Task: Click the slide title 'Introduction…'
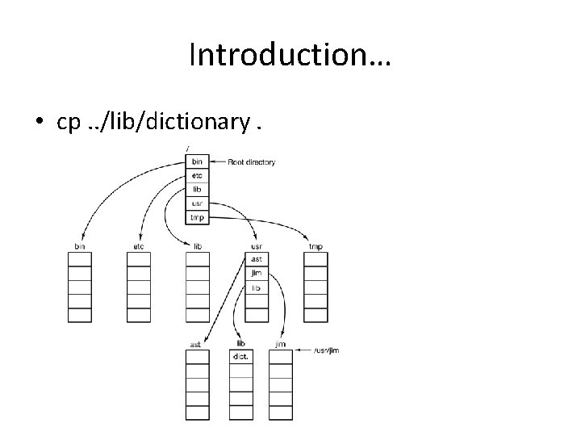(290, 55)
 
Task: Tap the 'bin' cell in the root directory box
(197, 162)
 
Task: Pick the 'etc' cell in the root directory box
(197, 176)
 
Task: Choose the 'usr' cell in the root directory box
(197, 203)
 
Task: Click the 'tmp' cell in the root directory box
(197, 217)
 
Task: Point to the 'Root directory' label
(251, 162)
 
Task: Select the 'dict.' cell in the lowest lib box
(240, 356)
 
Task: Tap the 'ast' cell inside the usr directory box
(257, 259)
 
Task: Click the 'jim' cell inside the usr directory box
(257, 273)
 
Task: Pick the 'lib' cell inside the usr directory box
(257, 287)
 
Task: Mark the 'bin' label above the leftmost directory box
(80, 245)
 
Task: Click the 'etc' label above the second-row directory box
(139, 245)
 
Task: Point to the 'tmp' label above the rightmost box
(316, 245)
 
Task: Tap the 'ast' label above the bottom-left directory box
(195, 344)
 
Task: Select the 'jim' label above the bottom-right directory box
(280, 344)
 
